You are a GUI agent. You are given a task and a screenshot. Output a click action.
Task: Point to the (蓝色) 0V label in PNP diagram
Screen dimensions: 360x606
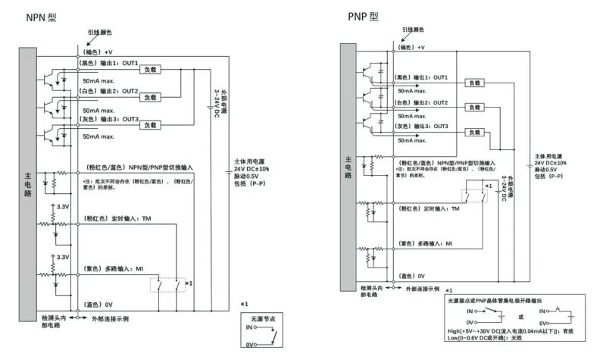pyautogui.click(x=411, y=276)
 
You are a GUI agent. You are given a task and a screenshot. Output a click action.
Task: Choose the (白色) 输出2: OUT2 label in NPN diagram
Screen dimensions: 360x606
pyautogui.click(x=109, y=91)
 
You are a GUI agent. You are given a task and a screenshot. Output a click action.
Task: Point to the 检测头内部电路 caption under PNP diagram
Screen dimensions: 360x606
pyautogui.click(x=369, y=292)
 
